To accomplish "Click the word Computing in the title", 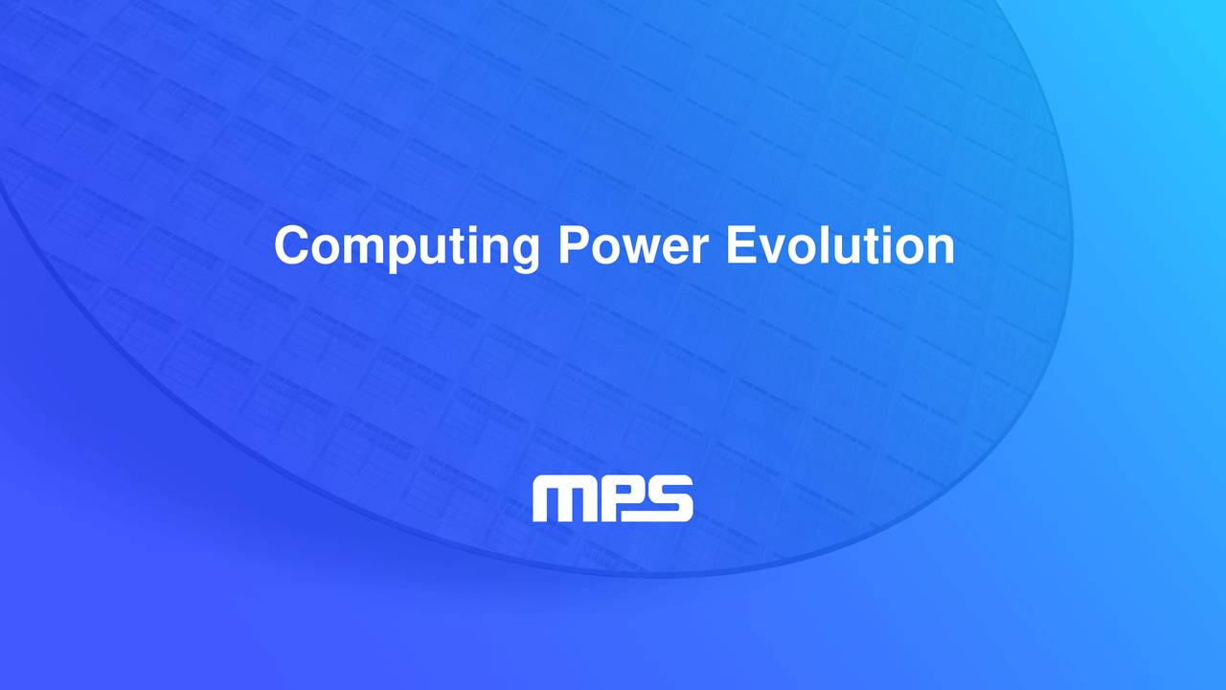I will pos(406,246).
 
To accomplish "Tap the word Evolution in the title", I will pos(840,246).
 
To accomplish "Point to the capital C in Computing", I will pos(290,246).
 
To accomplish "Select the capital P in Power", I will pos(572,246).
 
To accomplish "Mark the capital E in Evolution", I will pos(740,246).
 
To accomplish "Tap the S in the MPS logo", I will pos(668,498).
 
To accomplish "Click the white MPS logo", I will pos(613,498).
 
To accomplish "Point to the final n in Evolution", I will pos(940,250).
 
